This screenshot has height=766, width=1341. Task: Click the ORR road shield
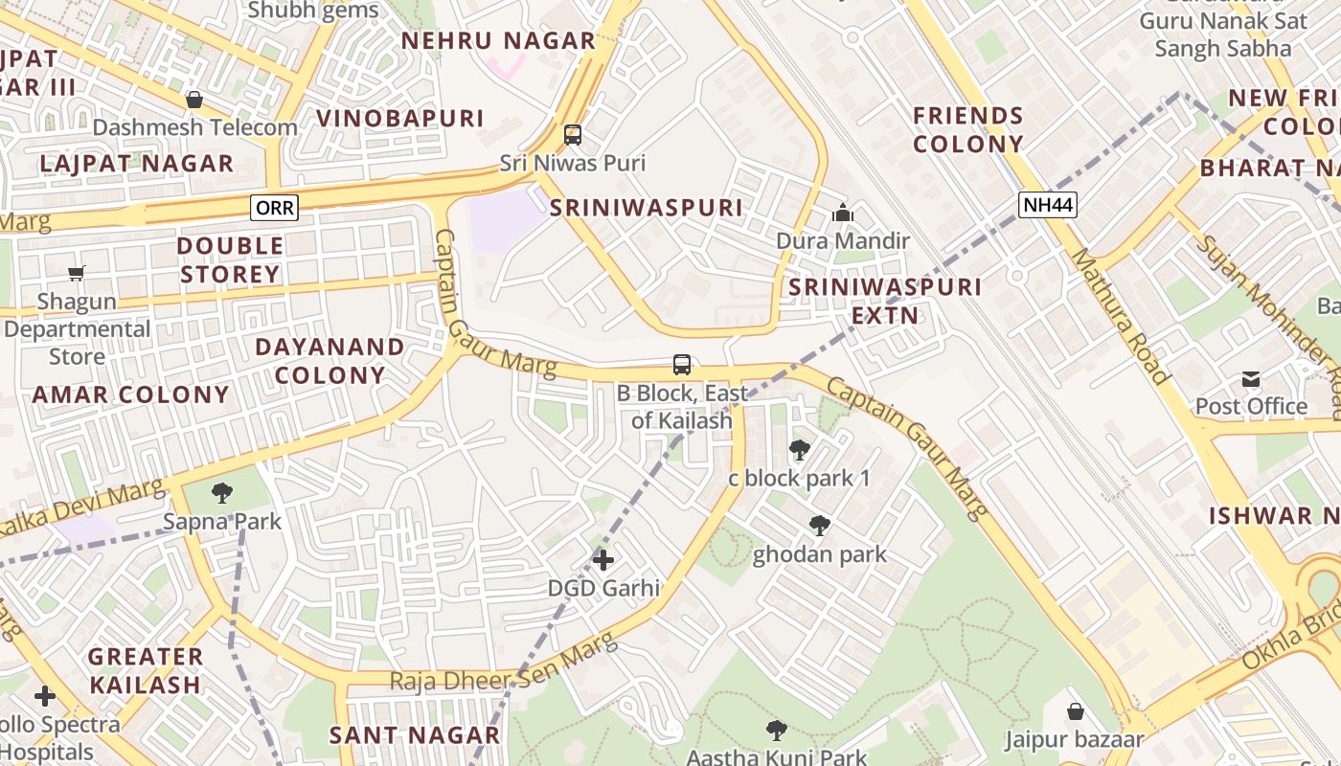tap(275, 208)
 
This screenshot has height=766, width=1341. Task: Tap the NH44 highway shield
tap(1048, 204)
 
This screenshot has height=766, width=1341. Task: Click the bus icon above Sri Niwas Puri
tap(573, 135)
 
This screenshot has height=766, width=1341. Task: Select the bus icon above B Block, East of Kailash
tap(682, 365)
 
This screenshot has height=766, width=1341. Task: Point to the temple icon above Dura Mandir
tap(843, 213)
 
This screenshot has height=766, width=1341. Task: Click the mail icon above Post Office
tap(1251, 379)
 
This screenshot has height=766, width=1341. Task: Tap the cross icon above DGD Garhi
tap(603, 559)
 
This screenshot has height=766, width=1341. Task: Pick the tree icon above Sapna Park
tap(222, 494)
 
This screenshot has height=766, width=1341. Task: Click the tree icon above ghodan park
tap(819, 526)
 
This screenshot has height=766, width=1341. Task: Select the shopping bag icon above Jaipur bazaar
tap(1076, 711)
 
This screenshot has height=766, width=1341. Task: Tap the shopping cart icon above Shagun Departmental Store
tap(77, 274)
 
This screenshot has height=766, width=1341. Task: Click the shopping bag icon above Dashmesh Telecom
tap(194, 100)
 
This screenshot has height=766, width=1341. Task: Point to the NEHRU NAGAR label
tap(498, 41)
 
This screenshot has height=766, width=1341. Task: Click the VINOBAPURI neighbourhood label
tap(400, 119)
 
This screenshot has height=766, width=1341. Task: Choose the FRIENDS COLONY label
tap(968, 130)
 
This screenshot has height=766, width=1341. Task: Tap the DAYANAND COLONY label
tap(330, 361)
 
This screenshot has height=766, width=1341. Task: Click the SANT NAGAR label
tap(414, 735)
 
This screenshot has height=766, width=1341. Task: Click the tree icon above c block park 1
tap(799, 449)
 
